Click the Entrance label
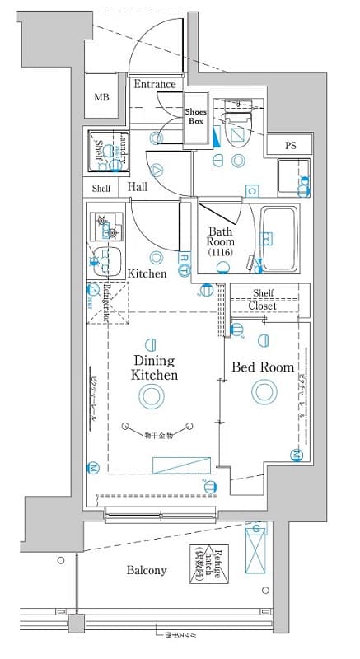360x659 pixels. (155, 84)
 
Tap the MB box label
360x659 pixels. (101, 97)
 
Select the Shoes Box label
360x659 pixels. (195, 115)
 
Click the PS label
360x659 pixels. (291, 146)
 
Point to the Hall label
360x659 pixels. (138, 187)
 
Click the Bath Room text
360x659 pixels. (221, 236)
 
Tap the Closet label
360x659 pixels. (263, 306)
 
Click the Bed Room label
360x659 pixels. (262, 367)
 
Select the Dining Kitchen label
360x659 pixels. (153, 367)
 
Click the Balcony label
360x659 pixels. (147, 570)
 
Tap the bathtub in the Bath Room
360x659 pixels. (279, 238)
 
